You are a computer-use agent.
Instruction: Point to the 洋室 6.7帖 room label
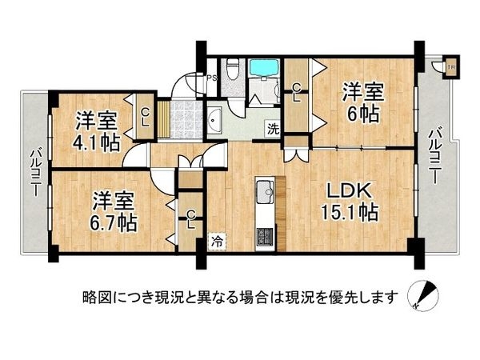pos(110,209)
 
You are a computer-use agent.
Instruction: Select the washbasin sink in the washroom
pos(216,121)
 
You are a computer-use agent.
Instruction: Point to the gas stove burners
pos(263,237)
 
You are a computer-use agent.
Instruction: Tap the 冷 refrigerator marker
pos(217,239)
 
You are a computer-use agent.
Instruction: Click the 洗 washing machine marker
pos(273,128)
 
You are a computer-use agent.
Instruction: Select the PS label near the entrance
pos(212,78)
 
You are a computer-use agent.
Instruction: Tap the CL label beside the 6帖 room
pos(296,93)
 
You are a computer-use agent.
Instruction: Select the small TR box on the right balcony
pos(450,68)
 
